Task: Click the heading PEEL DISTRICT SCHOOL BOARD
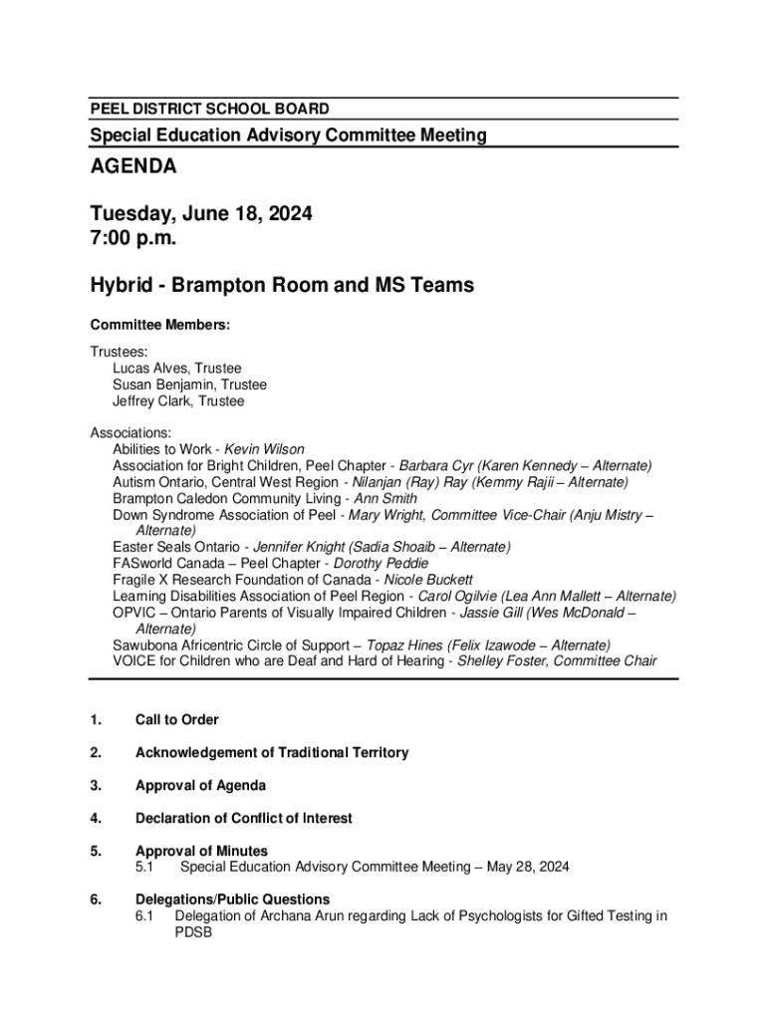209,109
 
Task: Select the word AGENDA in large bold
133,166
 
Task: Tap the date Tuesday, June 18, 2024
202,213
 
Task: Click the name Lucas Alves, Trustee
176,369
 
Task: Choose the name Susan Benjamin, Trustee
189,384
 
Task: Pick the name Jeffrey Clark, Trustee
178,401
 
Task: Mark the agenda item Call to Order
176,720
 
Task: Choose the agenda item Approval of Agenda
200,786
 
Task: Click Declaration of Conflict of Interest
243,819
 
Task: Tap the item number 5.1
145,868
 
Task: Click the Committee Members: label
160,325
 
